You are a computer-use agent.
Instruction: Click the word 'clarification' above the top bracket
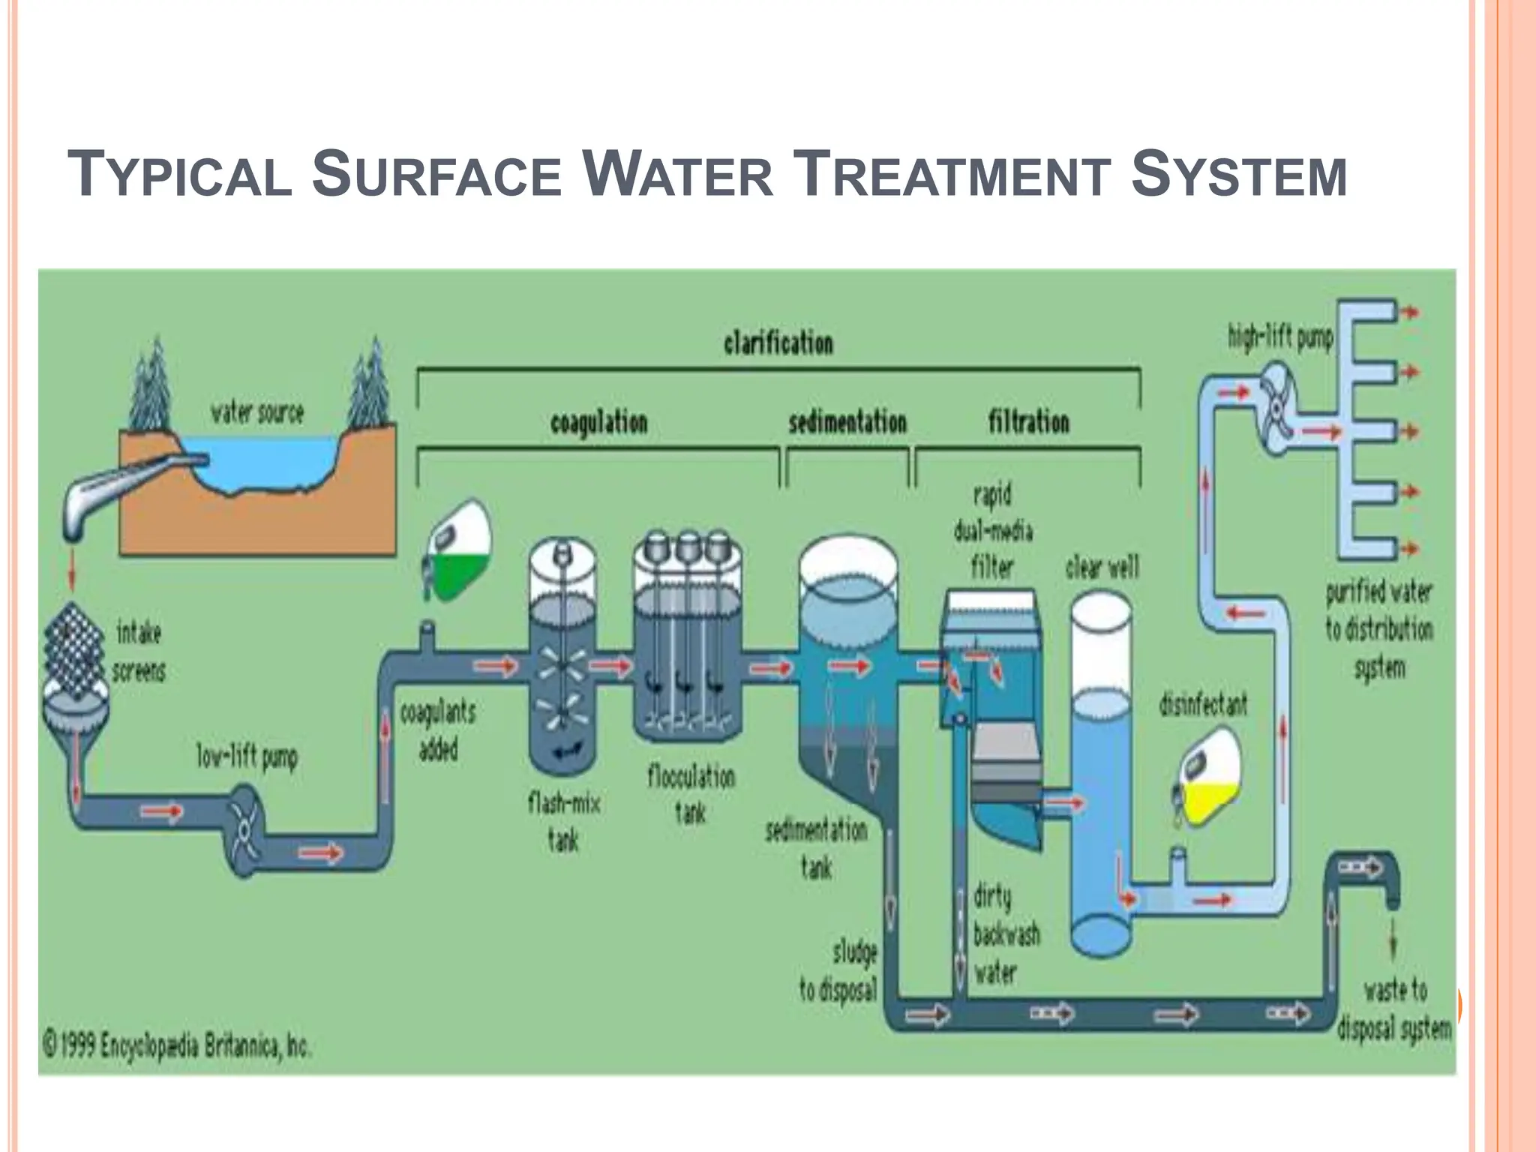pos(778,343)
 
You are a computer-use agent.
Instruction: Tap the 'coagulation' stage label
pos(598,423)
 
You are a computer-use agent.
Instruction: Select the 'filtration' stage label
pos(1028,421)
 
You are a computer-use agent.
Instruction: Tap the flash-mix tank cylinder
pos(562,660)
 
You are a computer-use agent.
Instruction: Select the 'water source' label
pos(257,413)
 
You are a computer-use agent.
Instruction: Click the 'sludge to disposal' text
pos(838,973)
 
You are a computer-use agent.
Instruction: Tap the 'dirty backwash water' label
pos(1006,934)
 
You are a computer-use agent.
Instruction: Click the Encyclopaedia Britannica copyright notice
pos(176,1045)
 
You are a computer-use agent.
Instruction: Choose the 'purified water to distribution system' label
pos(1378,629)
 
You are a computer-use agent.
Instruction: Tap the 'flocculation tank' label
pos(691,794)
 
